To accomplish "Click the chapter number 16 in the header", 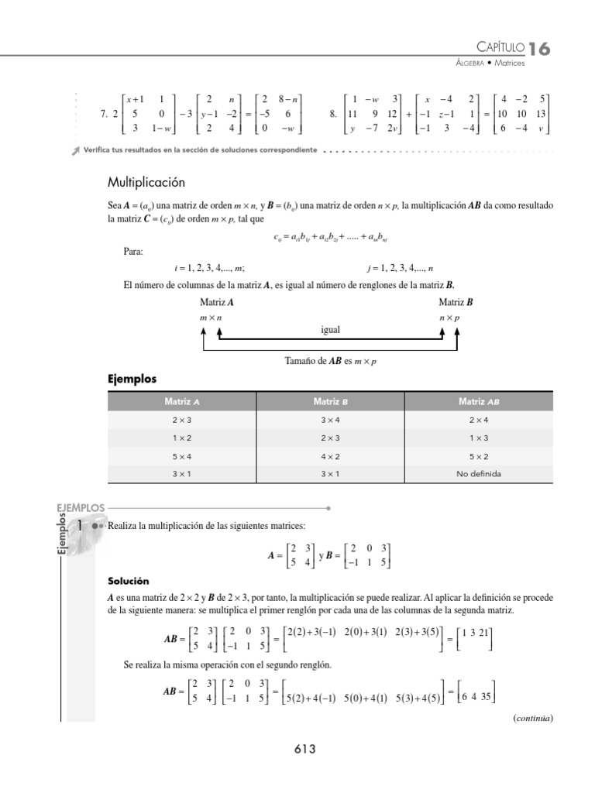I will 540,49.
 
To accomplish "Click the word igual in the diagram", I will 331,329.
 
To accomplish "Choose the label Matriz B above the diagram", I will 456,303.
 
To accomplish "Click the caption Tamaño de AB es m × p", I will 331,361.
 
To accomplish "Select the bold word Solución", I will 128,581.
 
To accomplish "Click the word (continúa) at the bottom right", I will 532,718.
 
